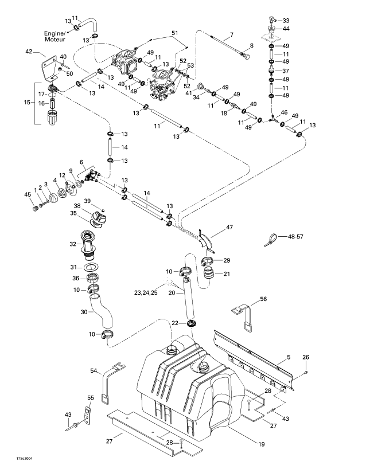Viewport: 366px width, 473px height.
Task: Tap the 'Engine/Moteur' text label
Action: coord(56,37)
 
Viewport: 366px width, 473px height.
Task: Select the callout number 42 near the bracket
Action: coord(29,52)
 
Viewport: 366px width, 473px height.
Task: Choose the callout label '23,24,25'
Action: coord(146,292)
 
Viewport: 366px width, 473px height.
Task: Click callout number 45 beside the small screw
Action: coord(27,195)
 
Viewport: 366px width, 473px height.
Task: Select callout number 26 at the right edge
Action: coord(305,357)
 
